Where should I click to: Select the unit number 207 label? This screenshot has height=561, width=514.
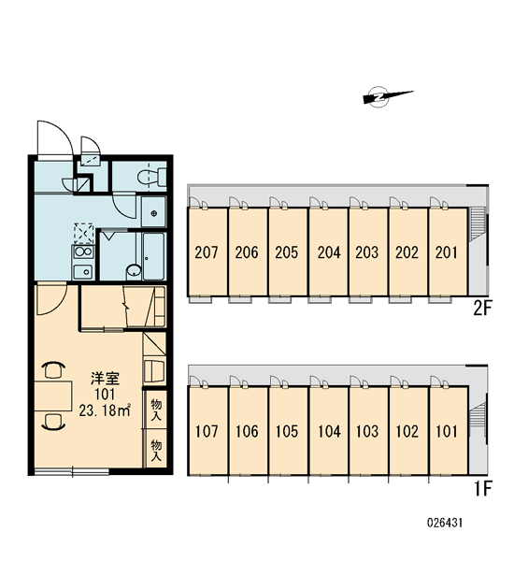point(207,252)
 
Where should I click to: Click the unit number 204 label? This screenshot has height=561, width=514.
point(329,252)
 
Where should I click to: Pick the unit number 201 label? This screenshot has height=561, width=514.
point(447,252)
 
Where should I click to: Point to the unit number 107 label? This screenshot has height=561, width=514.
point(207,431)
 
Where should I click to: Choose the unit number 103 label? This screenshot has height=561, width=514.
point(367,431)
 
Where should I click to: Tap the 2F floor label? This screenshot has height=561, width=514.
point(483,309)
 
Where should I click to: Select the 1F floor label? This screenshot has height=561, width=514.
point(483,488)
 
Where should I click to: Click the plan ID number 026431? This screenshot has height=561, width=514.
point(445,523)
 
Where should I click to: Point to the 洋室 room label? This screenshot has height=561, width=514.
point(105,378)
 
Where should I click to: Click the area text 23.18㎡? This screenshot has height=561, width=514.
point(105,410)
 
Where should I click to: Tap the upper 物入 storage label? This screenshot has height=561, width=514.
point(156,410)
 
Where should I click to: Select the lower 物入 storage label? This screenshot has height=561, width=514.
point(156,450)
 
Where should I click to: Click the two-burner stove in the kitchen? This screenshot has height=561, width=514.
point(83,252)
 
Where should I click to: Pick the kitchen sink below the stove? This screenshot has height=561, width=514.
point(83,272)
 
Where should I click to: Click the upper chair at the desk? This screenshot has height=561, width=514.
point(53,370)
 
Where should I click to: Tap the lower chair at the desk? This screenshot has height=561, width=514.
point(53,421)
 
